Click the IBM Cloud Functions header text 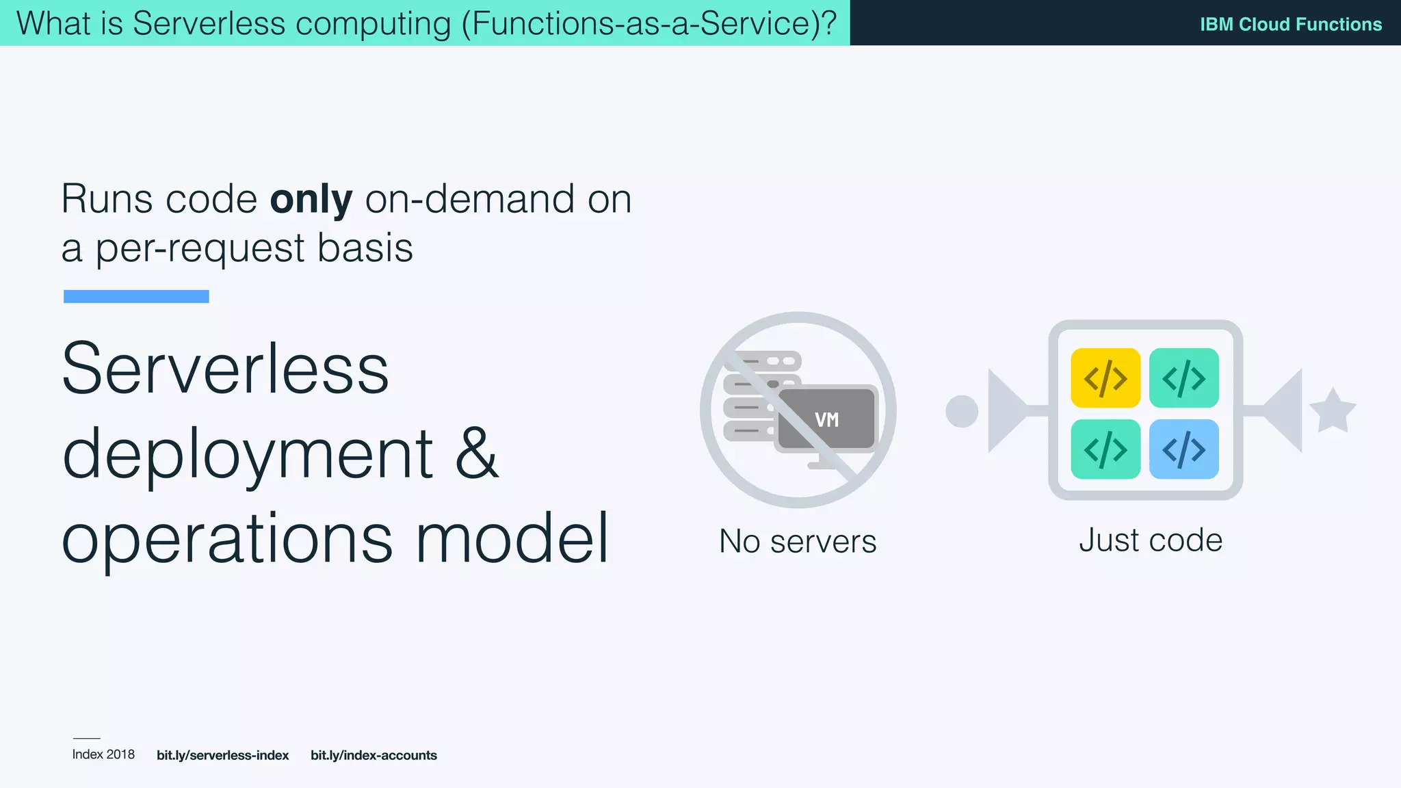coord(1290,24)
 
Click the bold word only coord(311,200)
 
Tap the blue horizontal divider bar coord(136,296)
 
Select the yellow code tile coord(1105,378)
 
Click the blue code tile coord(1183,449)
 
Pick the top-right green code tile coord(1183,378)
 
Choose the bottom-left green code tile coord(1105,449)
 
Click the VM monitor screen coord(827,419)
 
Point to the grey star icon coord(1333,411)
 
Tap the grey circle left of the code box coord(962,411)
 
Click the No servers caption coord(798,541)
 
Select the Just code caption coord(1151,540)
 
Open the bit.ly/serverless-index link coord(222,755)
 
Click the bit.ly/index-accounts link coord(374,755)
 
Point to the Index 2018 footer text coord(103,754)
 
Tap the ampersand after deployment coord(477,453)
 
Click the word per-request coord(200,248)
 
